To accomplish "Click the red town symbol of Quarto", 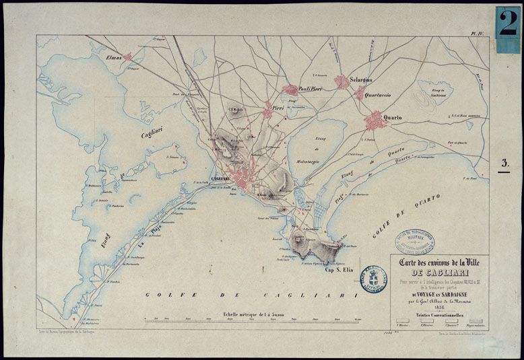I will coord(374,121).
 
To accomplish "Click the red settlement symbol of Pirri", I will coord(268,111).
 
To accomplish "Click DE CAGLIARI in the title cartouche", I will coord(441,273).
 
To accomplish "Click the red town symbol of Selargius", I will coord(342,81).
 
